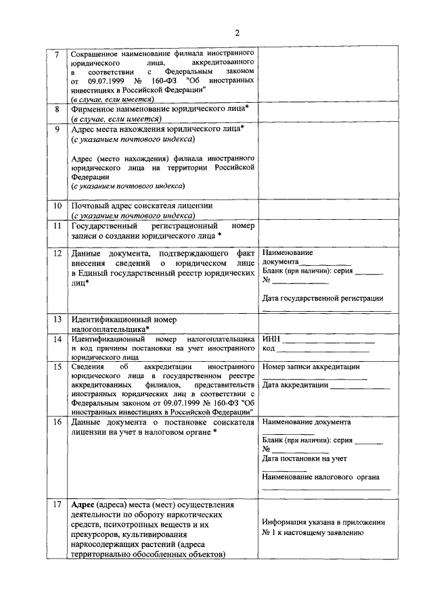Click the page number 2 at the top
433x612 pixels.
click(x=237, y=32)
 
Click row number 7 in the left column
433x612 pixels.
click(x=58, y=53)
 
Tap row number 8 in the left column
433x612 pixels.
click(x=58, y=108)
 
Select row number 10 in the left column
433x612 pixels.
click(x=58, y=206)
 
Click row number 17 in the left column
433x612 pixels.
click(x=58, y=504)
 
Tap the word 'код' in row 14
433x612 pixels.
click(x=269, y=349)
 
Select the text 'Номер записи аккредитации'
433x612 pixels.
click(x=311, y=367)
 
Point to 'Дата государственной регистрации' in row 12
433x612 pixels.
click(x=323, y=298)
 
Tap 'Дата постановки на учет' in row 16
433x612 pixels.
click(x=304, y=458)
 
